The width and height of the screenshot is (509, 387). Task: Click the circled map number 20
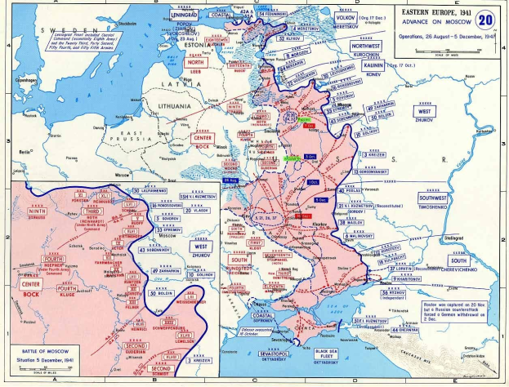(485, 18)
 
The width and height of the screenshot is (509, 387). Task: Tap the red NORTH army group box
(196, 62)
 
